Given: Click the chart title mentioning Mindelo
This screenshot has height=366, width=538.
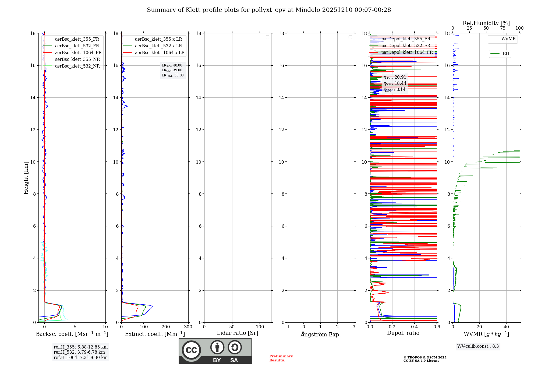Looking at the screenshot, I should (x=269, y=10).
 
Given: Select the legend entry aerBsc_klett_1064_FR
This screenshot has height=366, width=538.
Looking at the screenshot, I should (x=78, y=53).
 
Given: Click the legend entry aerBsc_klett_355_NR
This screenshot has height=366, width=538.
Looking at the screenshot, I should (x=77, y=59).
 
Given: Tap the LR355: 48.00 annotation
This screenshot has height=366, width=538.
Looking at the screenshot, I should (x=172, y=65).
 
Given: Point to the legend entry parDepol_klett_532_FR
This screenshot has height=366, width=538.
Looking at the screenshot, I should (x=406, y=46).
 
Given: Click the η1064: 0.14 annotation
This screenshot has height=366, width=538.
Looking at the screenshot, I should (x=394, y=90).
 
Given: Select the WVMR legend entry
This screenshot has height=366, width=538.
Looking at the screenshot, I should (x=508, y=39).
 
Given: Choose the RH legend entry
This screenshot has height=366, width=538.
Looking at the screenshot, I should (x=506, y=54).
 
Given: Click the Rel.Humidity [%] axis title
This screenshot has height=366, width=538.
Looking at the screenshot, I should (x=486, y=23).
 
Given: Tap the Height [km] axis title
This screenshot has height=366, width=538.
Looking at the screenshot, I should (x=26, y=178).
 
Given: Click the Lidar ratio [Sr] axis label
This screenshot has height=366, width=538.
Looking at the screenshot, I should (x=238, y=333).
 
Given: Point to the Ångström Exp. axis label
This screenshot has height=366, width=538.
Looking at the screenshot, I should (x=321, y=335).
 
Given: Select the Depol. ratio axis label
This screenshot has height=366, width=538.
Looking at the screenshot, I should (x=403, y=333).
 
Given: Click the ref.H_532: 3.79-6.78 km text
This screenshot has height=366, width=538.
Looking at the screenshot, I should (x=79, y=352).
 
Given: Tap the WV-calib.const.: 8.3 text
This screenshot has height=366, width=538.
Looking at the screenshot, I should (x=478, y=346).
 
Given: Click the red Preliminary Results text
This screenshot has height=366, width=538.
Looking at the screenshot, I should (x=281, y=358).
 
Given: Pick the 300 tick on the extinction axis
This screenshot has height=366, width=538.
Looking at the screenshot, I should (x=188, y=327).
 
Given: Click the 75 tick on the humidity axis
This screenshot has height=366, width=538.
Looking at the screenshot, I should (x=503, y=28).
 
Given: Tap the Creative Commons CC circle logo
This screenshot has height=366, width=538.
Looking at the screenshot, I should (x=191, y=350).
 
